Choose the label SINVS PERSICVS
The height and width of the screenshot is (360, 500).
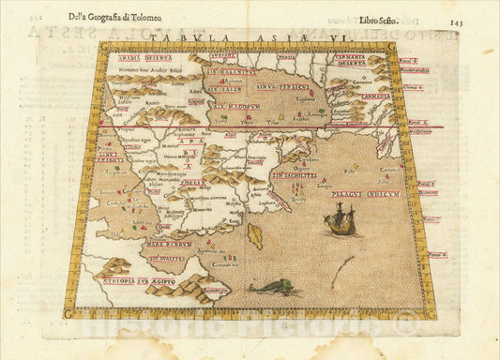click(x=297, y=87)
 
